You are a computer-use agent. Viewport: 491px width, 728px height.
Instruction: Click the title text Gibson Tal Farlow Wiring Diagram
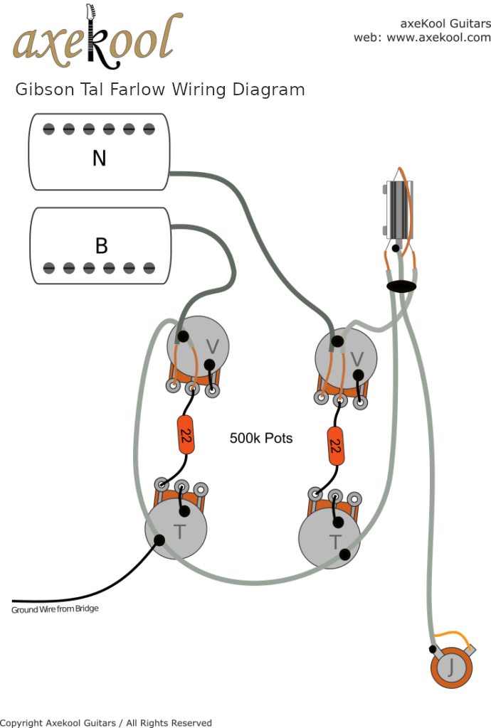click(x=160, y=90)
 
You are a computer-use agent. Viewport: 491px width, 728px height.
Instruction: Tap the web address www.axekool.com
click(x=438, y=38)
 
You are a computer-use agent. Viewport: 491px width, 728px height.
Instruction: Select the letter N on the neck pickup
click(x=100, y=158)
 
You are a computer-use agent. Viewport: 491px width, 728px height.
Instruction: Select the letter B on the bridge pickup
click(x=101, y=246)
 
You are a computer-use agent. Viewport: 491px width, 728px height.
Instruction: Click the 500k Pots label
click(x=260, y=438)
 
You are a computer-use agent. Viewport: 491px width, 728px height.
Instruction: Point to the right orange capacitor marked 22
click(x=335, y=446)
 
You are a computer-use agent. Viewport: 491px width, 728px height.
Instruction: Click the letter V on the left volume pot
click(x=212, y=346)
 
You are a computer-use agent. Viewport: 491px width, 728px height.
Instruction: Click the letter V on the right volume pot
click(x=359, y=357)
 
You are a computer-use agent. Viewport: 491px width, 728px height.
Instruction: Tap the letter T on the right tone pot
click(x=334, y=542)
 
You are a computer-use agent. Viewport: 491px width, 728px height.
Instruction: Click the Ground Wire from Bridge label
click(x=55, y=609)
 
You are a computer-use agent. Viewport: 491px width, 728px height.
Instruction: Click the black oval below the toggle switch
click(x=401, y=286)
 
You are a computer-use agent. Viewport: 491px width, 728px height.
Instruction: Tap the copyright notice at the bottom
click(x=106, y=722)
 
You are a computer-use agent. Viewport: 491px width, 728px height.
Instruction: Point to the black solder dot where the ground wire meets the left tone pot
click(x=159, y=540)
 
